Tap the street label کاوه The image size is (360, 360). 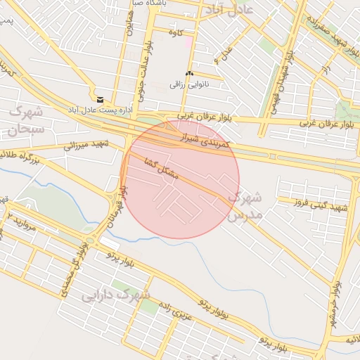click(x=176, y=32)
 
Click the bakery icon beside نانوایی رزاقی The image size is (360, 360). click(x=188, y=74)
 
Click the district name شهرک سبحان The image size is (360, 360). click(x=27, y=120)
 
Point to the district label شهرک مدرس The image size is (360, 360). click(x=244, y=205)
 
